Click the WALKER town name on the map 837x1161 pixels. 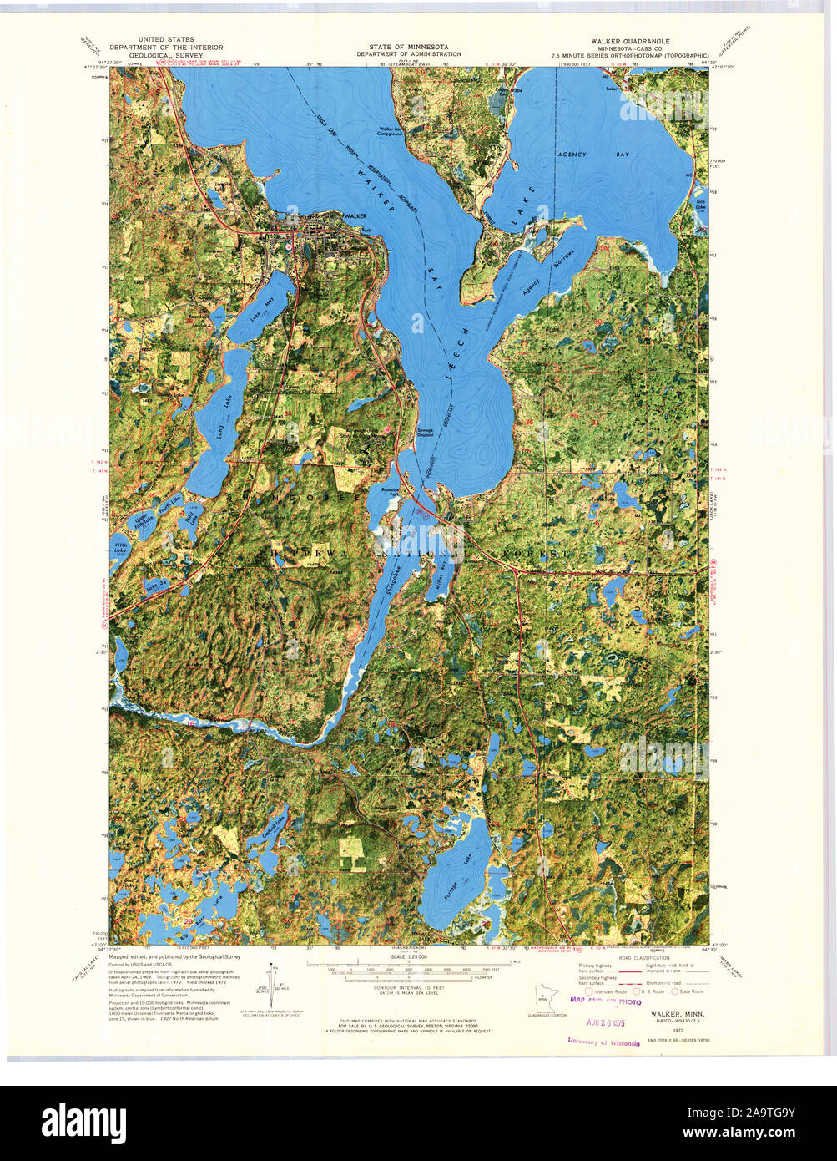coord(355,216)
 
